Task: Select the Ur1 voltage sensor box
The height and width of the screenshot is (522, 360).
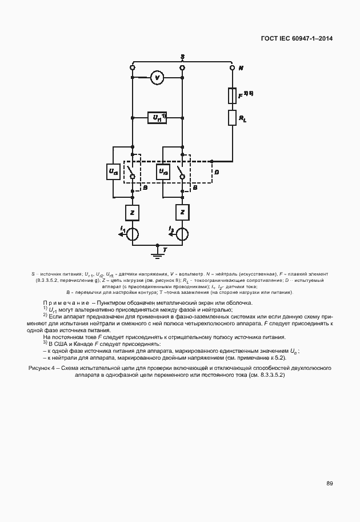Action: pos(157,118)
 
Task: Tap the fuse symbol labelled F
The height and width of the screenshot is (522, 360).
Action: pos(233,94)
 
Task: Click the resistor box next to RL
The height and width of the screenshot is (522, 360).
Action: pos(233,117)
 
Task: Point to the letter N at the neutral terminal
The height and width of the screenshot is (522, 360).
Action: pos(241,68)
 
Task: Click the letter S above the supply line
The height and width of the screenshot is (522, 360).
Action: pos(182,56)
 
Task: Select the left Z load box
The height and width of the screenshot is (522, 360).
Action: pos(132,212)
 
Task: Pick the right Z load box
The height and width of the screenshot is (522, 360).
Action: pos(182,212)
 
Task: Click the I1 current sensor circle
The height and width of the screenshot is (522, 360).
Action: pos(132,233)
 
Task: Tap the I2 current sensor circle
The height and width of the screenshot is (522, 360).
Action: pos(182,233)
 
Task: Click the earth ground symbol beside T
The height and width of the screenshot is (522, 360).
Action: pos(157,253)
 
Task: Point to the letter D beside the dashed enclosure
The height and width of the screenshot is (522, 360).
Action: pos(215,171)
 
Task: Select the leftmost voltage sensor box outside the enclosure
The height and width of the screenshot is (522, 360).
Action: pos(113,171)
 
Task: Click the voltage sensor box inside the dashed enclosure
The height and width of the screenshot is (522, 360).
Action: pos(163,171)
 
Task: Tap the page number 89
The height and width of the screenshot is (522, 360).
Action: pos(330,484)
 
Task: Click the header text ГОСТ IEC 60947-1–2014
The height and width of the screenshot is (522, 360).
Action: pos(297,39)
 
